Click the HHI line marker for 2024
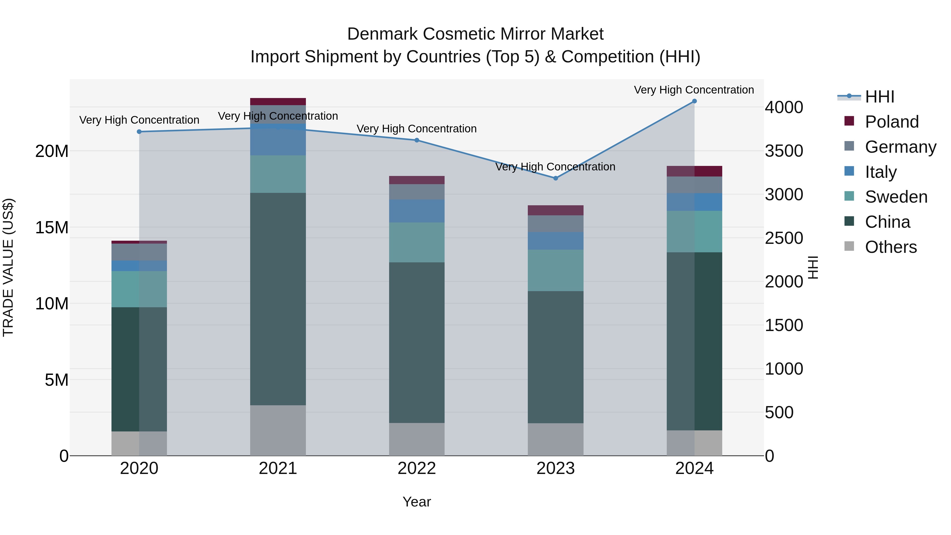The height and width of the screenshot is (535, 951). coord(694,101)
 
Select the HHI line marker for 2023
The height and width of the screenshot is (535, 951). coord(555,178)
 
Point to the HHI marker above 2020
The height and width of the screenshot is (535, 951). coord(139,132)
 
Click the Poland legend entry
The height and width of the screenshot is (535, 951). coord(891,122)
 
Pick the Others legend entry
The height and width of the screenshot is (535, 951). coord(891,247)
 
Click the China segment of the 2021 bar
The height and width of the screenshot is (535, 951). coord(278,299)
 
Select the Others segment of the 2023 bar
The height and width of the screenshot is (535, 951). coord(555,439)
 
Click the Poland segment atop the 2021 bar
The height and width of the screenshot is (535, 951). coord(278,101)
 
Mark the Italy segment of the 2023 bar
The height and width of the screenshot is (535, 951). coord(555,241)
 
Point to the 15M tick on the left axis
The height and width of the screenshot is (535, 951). coord(52,227)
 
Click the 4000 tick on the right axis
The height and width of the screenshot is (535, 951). coord(784,108)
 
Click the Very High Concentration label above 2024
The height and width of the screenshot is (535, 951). coord(694,90)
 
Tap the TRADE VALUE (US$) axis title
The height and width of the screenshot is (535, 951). coord(8,267)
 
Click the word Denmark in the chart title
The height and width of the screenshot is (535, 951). coord(383,34)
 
